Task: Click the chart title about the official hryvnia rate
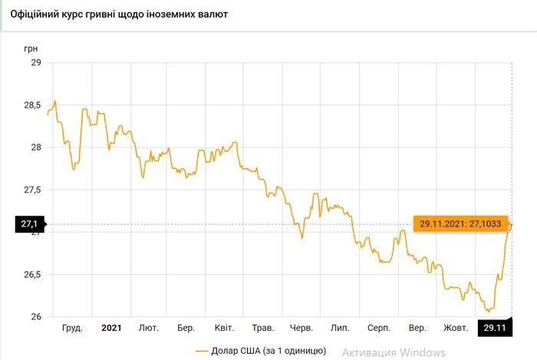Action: [114, 15]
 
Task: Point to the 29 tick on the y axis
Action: [35, 63]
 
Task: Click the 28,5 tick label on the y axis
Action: [31, 105]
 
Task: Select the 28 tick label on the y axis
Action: [35, 147]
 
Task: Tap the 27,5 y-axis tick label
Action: [31, 190]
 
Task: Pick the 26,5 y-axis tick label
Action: [31, 274]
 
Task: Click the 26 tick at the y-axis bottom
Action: [35, 316]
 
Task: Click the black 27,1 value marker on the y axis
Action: [30, 224]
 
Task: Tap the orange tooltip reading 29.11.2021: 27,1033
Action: [458, 224]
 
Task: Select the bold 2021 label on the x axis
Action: [111, 328]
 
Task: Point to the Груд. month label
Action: [73, 328]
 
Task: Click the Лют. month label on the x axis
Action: [149, 328]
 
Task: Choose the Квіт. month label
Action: [224, 328]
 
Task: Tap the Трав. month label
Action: [263, 328]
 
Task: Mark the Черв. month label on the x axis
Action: [301, 328]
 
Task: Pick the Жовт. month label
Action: [456, 328]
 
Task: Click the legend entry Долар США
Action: [261, 351]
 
